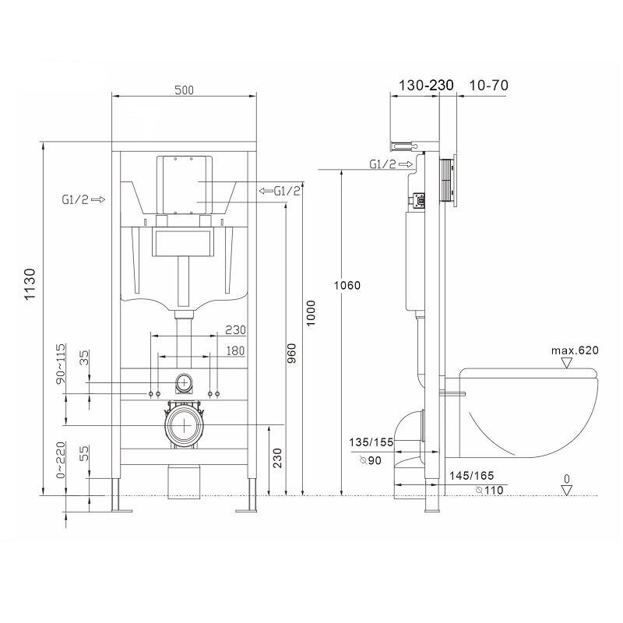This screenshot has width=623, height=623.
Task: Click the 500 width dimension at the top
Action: click(185, 90)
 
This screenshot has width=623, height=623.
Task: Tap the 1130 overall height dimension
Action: click(30, 284)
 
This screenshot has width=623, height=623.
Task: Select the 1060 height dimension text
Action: click(347, 285)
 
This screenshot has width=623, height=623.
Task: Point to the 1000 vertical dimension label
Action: click(310, 313)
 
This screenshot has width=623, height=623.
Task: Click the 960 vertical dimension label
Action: click(291, 354)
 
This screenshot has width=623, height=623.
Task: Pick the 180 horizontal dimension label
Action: click(235, 351)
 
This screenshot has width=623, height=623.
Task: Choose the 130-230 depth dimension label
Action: click(426, 85)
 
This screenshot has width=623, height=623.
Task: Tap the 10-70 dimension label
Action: click(489, 85)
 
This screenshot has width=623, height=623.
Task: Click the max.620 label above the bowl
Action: click(575, 350)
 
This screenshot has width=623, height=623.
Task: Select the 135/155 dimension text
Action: click(371, 442)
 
